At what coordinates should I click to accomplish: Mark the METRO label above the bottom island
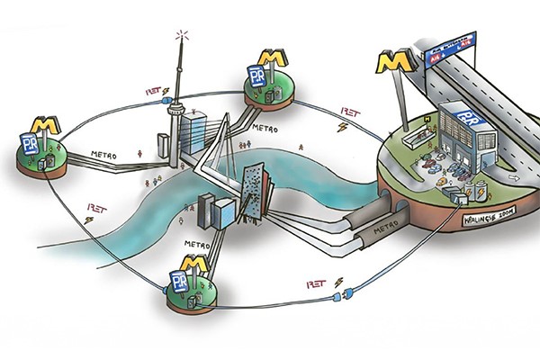pos(196,243)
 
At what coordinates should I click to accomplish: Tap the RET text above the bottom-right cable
pos(316,283)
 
